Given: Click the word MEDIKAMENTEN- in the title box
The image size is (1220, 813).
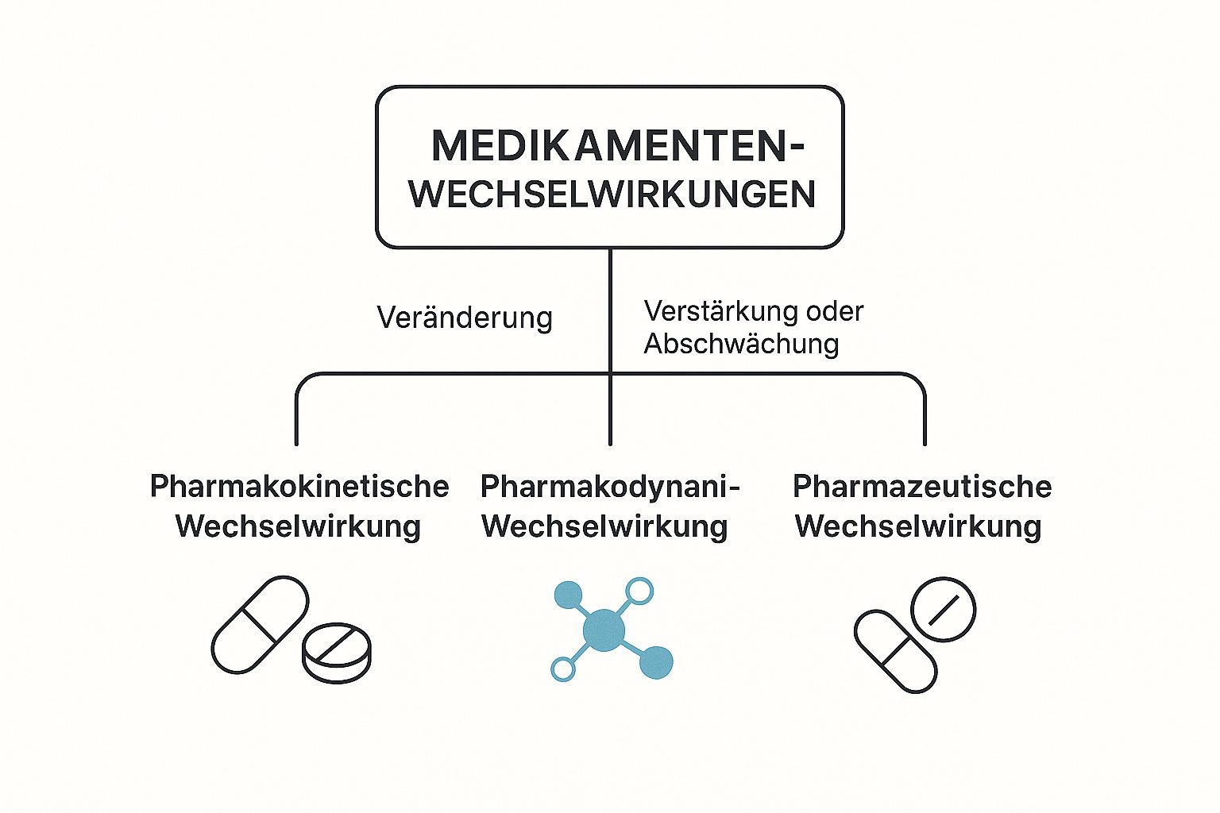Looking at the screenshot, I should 617,146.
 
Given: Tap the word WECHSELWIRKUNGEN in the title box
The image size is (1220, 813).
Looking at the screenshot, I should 612,195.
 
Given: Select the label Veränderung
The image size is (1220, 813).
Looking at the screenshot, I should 465,318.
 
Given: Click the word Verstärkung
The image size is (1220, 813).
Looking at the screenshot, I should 709,311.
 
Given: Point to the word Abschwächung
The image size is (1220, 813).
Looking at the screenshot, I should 741,344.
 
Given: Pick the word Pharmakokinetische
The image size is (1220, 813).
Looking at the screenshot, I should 299,486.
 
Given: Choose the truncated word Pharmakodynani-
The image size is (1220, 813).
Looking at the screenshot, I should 610,486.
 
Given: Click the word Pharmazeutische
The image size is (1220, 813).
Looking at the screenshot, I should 922,486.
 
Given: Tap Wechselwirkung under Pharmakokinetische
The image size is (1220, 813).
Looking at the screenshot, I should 298,526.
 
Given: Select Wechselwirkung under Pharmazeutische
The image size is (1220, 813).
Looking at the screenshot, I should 918,526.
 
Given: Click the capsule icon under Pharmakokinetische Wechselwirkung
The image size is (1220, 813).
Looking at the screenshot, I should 260,624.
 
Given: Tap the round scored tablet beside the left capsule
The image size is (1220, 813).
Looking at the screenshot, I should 337,652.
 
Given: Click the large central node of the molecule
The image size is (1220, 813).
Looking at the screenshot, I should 604,630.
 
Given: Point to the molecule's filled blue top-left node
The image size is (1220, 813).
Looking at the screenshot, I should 568,595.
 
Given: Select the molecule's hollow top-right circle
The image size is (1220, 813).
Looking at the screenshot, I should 639,591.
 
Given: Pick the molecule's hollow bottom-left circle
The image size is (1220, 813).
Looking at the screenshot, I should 563,669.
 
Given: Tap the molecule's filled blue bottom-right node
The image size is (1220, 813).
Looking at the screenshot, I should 656,662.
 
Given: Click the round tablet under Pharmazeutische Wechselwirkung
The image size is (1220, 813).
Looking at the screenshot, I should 943,610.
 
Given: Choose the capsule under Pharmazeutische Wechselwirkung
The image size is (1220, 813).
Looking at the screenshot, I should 895,651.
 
